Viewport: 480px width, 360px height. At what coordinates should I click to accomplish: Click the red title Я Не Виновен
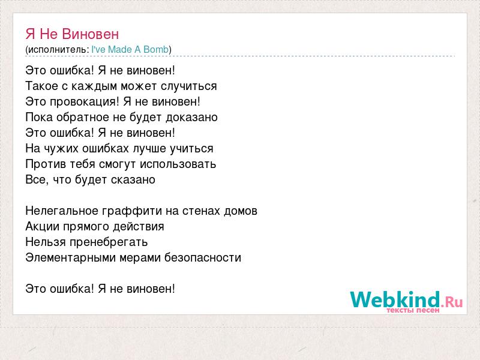click(x=72, y=34)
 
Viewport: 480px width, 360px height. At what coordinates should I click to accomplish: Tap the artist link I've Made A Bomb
click(x=130, y=50)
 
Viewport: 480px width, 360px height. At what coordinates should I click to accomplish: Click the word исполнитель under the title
click(x=57, y=50)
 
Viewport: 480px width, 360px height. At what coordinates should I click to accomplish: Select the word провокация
click(x=84, y=102)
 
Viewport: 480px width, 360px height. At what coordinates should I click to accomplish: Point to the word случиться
click(x=189, y=86)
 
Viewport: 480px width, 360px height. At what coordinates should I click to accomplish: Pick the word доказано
click(x=191, y=118)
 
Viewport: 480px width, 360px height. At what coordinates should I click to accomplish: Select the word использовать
click(x=178, y=164)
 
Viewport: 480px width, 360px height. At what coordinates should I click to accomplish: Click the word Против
click(x=46, y=164)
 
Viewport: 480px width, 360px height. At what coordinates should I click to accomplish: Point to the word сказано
click(x=133, y=180)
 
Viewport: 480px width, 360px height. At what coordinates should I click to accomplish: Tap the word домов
click(x=241, y=211)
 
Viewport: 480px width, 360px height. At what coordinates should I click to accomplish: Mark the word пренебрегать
click(x=109, y=242)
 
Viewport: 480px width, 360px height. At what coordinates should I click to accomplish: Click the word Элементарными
click(x=70, y=258)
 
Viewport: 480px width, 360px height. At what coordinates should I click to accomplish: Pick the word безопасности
click(x=203, y=258)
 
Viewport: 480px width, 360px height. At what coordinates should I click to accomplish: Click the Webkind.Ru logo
click(x=407, y=302)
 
